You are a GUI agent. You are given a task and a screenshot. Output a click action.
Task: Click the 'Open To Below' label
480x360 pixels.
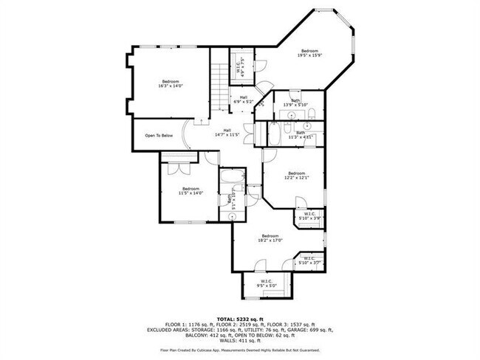159,135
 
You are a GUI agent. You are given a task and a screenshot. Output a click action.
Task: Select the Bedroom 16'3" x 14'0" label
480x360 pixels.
170,83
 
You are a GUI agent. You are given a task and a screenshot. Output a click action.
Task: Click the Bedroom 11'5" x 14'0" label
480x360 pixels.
191,191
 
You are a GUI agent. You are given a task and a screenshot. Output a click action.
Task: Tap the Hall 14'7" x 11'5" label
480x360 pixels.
228,134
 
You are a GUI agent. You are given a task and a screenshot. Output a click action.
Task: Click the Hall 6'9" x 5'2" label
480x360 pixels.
243,99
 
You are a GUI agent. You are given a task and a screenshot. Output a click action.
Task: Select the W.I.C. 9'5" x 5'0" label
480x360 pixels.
265,283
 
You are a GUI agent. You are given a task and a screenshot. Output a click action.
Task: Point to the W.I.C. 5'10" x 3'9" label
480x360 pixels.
309,217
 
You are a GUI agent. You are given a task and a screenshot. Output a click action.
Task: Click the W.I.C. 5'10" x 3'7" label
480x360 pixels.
309,260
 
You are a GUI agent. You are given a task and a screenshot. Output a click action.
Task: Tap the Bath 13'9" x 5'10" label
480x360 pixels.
295,103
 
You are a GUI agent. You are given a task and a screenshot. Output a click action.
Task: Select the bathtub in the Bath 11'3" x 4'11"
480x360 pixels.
274,134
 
